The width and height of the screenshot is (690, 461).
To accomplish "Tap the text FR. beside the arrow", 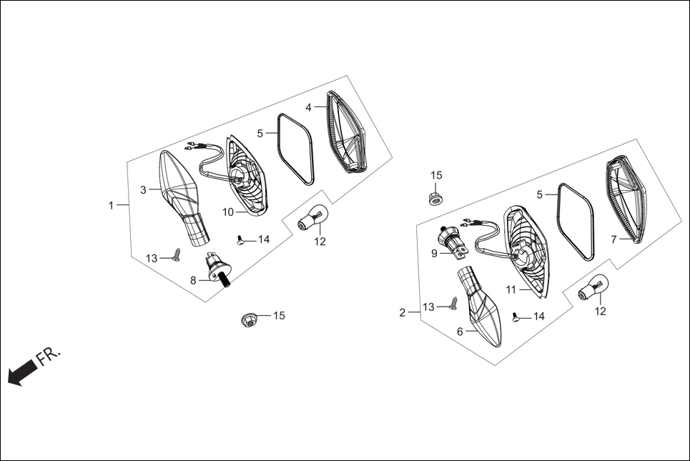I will pyautogui.click(x=49, y=355).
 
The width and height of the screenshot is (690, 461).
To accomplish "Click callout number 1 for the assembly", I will pyautogui.click(x=111, y=205).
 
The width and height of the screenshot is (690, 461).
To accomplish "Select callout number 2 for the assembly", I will pyautogui.click(x=403, y=312).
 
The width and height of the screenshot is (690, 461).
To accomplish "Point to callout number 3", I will pyautogui.click(x=143, y=189).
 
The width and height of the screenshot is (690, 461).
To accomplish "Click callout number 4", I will pyautogui.click(x=308, y=107).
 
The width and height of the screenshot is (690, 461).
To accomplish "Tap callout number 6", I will pyautogui.click(x=460, y=331).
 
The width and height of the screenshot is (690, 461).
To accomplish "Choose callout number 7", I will pyautogui.click(x=613, y=239).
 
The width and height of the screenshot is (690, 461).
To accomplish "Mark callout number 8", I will pyautogui.click(x=193, y=281).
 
